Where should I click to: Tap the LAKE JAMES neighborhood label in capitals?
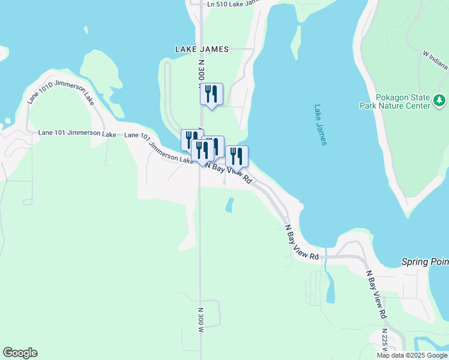pyautogui.click(x=202, y=49)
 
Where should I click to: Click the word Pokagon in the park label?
pyautogui.click(x=393, y=97)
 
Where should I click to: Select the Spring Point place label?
pyautogui.click(x=425, y=263)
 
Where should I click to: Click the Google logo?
pyautogui.click(x=20, y=353)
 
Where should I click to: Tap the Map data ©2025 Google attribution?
pyautogui.click(x=412, y=355)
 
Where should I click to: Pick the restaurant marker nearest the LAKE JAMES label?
pyautogui.click(x=211, y=95)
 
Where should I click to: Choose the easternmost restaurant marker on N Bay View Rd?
pyautogui.click(x=237, y=157)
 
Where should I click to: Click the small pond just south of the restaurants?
pyautogui.click(x=229, y=205)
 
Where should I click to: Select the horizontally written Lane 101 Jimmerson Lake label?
pyautogui.click(x=77, y=134)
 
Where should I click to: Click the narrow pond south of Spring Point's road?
pyautogui.click(x=331, y=289)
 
